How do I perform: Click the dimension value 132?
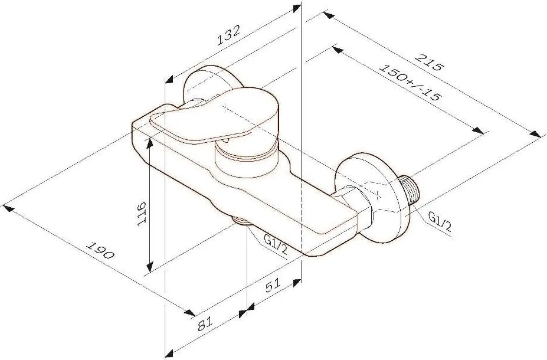[x=228, y=35]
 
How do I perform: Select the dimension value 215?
[x=429, y=63]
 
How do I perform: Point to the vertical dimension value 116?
[x=141, y=214]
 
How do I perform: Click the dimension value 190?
[x=100, y=250]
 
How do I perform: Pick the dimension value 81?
[x=205, y=325]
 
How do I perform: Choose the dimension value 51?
[x=273, y=286]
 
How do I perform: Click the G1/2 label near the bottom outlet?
[x=275, y=245]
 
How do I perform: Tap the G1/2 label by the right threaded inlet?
[x=440, y=222]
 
